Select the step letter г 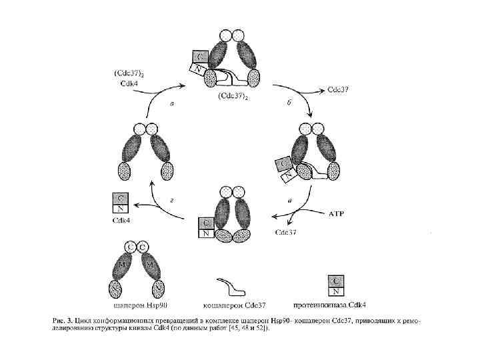pos(173,199)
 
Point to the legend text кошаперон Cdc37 pos(237,305)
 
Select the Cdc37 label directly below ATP pos(287,233)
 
